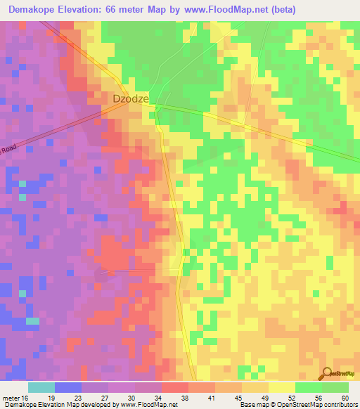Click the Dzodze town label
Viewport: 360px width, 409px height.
pyautogui.click(x=131, y=99)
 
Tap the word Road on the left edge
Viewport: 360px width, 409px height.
pyautogui.click(x=8, y=150)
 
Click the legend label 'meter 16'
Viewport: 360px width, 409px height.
pyautogui.click(x=16, y=398)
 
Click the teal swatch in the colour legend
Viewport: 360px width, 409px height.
pyautogui.click(x=41, y=387)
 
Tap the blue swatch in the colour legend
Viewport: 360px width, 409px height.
pyautogui.click(x=68, y=387)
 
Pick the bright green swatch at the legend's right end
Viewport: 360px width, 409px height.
pyautogui.click(x=335, y=387)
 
